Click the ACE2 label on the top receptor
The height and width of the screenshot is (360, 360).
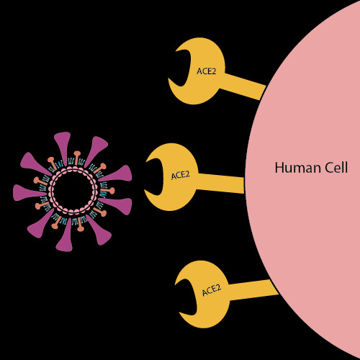[206, 71]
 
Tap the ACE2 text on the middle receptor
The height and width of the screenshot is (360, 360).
[181, 175]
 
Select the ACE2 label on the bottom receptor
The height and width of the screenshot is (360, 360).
[212, 290]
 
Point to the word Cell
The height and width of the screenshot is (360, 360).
[336, 168]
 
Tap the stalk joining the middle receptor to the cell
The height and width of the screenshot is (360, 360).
[220, 183]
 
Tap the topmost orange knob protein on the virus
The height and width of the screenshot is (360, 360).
[77, 158]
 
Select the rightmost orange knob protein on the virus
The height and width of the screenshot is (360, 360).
[108, 191]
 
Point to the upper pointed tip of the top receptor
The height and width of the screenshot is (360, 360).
[176, 51]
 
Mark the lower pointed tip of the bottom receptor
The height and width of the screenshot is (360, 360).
[180, 312]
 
